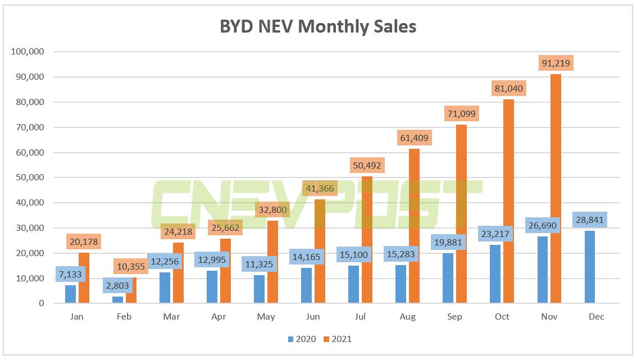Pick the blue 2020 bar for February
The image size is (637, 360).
point(117,300)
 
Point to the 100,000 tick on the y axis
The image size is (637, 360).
point(28,52)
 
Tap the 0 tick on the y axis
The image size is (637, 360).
point(41,303)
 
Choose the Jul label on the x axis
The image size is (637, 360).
point(360,317)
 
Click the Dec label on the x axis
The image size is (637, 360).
point(596,317)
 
